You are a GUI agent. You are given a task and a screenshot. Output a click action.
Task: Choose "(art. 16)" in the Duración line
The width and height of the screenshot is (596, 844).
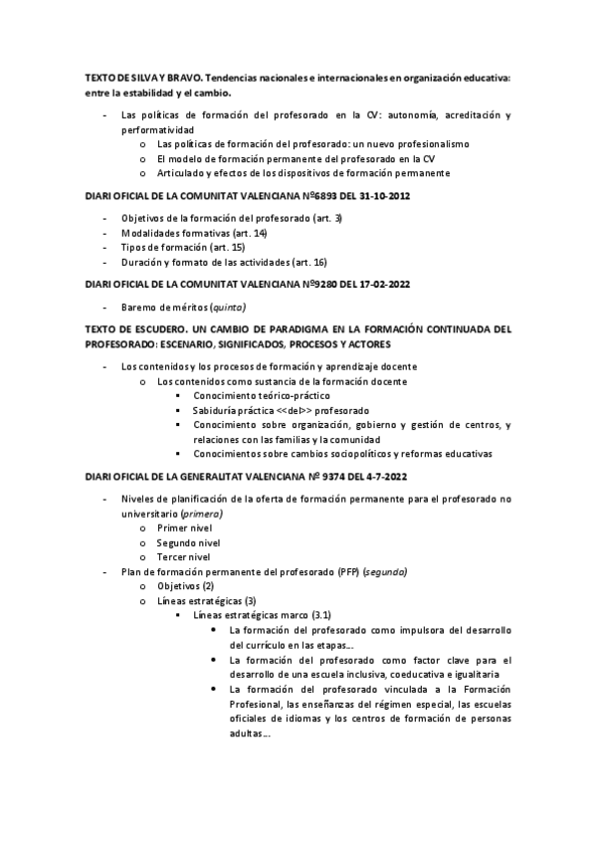point(306,262)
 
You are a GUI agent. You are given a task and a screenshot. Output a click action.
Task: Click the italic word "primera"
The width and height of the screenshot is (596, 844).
point(200,513)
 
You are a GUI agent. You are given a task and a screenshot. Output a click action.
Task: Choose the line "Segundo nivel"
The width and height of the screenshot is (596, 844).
point(189,542)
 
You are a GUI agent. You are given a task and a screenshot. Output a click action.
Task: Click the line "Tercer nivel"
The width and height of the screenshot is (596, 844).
point(185,557)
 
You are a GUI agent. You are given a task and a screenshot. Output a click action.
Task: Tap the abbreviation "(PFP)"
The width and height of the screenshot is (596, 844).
point(348,572)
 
